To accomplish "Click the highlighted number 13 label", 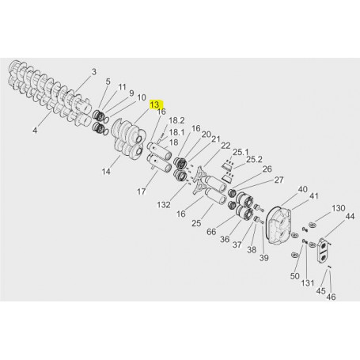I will click(x=155, y=104).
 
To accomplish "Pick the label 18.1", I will click(x=176, y=132).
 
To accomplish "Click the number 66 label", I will click(x=211, y=232).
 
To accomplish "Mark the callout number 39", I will click(x=263, y=258).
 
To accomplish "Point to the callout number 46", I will click(x=332, y=297).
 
